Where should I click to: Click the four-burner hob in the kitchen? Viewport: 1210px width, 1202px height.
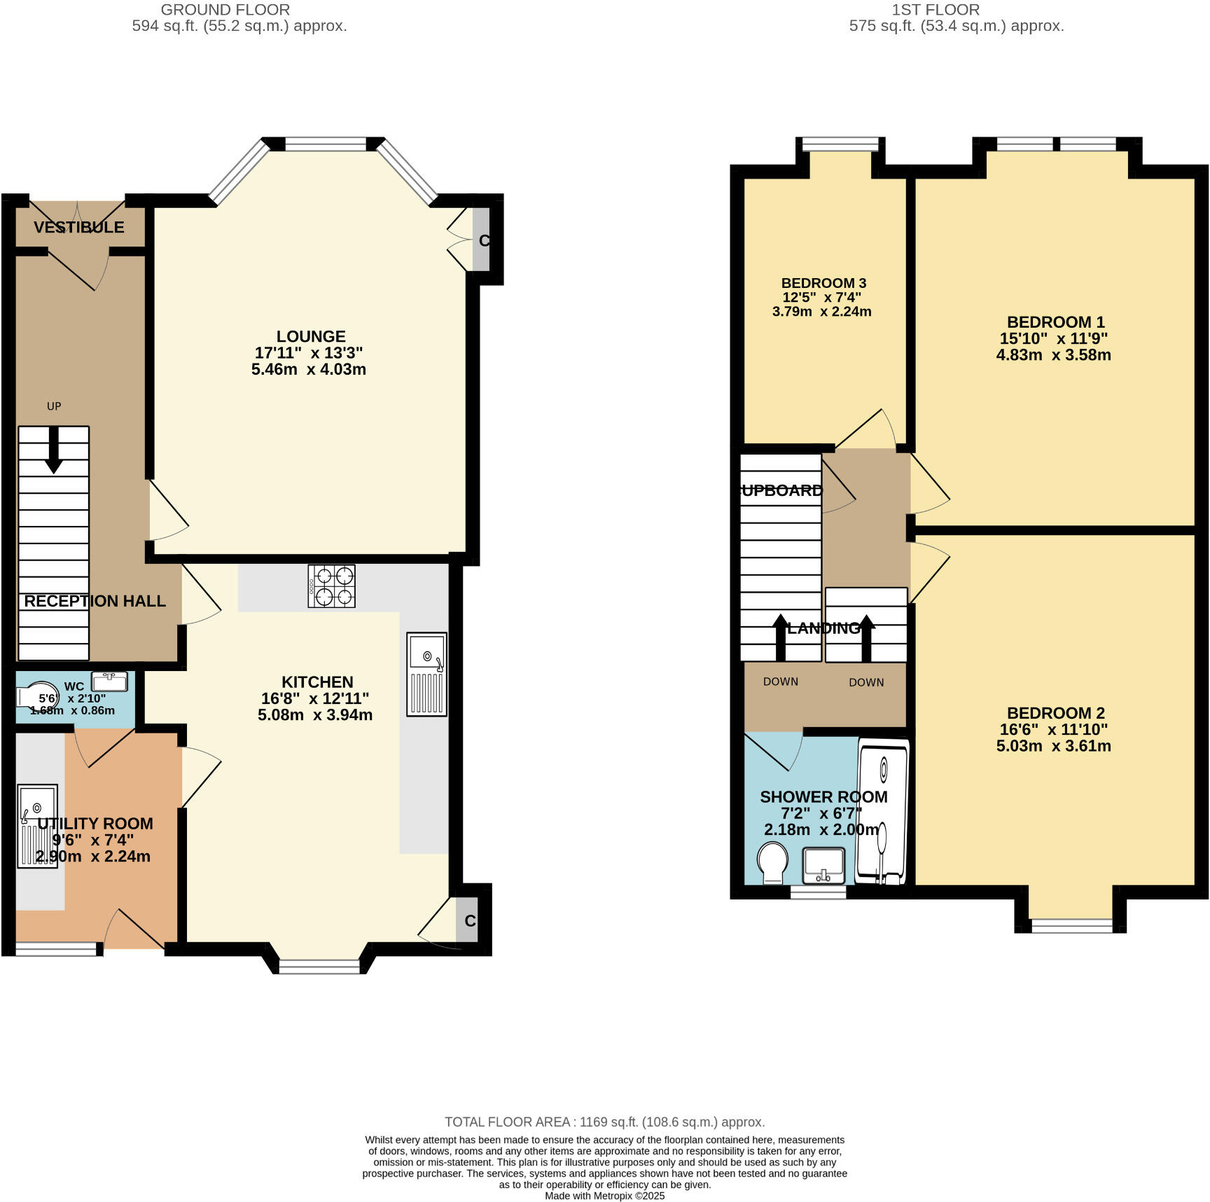click(x=331, y=586)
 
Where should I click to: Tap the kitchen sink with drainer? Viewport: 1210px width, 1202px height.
click(x=426, y=674)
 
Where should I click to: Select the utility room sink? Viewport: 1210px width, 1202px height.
click(x=38, y=827)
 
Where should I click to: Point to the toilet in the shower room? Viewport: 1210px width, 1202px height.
click(x=772, y=862)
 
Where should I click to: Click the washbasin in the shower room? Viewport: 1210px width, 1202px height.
click(x=823, y=866)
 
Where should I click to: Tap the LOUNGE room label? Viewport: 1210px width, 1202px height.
click(x=311, y=336)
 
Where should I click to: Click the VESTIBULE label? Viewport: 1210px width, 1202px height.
click(x=79, y=227)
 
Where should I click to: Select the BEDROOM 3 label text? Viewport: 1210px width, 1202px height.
click(x=823, y=283)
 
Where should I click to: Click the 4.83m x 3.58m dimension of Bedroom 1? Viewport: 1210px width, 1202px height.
click(x=1053, y=354)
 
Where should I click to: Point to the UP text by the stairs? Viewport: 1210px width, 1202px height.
click(x=54, y=406)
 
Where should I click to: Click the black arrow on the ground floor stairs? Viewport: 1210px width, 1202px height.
click(x=54, y=452)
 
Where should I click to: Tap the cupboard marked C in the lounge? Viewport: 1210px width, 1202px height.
click(x=482, y=240)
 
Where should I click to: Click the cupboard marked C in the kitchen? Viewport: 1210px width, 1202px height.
click(x=468, y=920)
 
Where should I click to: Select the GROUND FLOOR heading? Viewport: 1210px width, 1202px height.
click(x=225, y=10)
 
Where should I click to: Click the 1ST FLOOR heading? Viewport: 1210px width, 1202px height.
click(x=935, y=10)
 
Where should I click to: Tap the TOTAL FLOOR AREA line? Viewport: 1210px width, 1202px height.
click(x=604, y=1122)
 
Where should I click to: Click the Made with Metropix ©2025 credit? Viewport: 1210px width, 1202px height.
click(x=604, y=1196)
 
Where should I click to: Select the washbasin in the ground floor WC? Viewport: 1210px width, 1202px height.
click(x=109, y=681)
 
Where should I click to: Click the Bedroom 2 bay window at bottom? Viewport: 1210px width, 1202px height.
click(x=1071, y=926)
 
